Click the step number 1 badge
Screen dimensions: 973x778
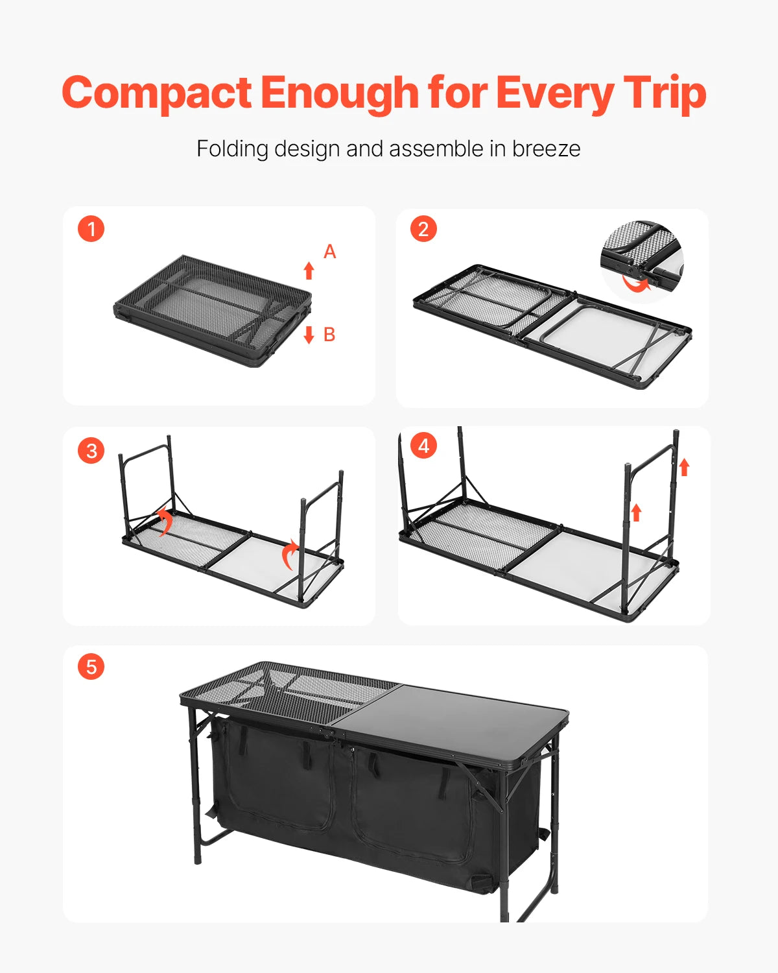coord(91,229)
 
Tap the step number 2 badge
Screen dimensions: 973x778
coord(423,229)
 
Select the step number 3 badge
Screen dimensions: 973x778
coord(91,450)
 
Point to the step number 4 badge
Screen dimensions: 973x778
coord(423,446)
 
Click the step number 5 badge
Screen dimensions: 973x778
coord(91,667)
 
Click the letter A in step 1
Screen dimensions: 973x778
coord(329,252)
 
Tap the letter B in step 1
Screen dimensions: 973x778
coord(329,335)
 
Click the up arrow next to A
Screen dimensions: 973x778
coord(309,270)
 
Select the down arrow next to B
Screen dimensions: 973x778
coord(309,335)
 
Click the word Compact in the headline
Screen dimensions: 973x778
coord(156,93)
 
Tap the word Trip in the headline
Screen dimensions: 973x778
coord(664,93)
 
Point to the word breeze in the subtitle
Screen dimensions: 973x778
coord(546,149)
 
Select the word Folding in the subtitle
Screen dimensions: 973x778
coord(232,149)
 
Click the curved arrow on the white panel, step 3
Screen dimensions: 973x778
coord(290,555)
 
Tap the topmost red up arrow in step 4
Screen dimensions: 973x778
coord(684,467)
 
